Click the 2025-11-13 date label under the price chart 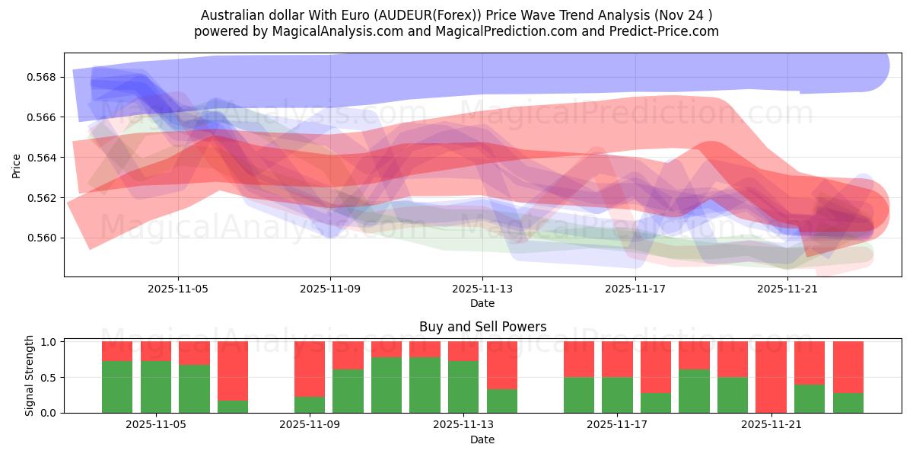tap(482, 289)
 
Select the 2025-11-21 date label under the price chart tap(787, 289)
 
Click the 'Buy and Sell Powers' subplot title tap(482, 328)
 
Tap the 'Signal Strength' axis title tap(30, 376)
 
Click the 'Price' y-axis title tap(17, 165)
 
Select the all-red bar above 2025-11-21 tap(771, 376)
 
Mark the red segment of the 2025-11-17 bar tap(617, 359)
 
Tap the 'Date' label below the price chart tap(482, 303)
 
